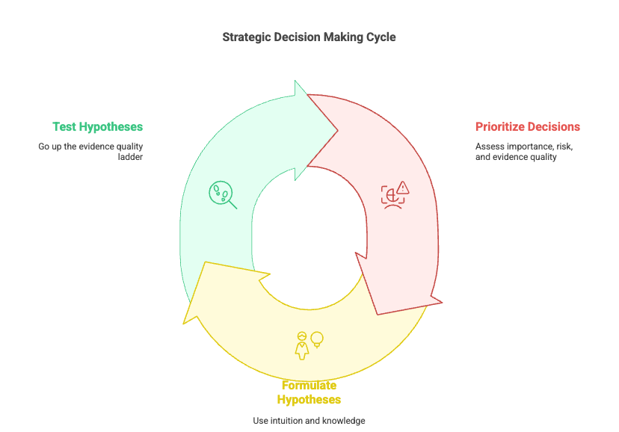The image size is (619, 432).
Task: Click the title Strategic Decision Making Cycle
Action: click(309, 37)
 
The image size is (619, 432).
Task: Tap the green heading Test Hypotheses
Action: click(97, 127)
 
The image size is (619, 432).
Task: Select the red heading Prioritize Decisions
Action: click(528, 127)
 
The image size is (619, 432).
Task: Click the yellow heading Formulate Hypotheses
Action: click(309, 392)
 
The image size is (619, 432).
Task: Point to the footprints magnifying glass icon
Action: click(222, 194)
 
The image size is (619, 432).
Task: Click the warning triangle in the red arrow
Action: click(403, 187)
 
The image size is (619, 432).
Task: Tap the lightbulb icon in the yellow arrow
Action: click(317, 339)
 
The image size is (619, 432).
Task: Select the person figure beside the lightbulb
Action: click(302, 345)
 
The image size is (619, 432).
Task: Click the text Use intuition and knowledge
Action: click(309, 421)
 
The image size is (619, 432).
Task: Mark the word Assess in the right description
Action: click(490, 146)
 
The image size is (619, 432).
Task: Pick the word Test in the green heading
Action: click(64, 127)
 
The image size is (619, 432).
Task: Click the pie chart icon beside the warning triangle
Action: click(390, 195)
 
